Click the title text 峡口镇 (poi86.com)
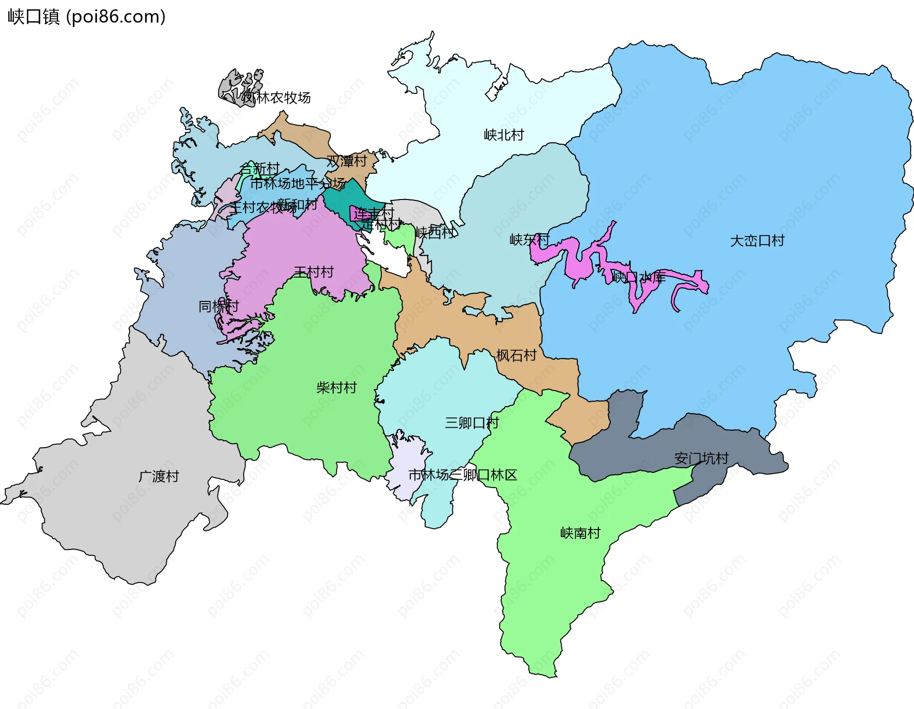pos(87,17)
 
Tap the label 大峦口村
pos(757,240)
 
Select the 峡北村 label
pos(504,135)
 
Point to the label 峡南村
pos(580,533)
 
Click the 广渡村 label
pos(159,476)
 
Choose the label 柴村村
pos(336,388)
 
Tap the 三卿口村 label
pos(471,422)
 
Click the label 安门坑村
pos(701,458)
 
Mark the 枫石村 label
pos(516,355)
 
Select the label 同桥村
pos(218,306)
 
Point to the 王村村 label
pos(314,272)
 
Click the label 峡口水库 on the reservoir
pos(638,277)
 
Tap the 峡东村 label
pos(529,240)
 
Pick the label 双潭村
pos(347,161)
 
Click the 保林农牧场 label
pos(276,98)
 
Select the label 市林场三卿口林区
pos(462,475)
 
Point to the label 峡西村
pos(435,232)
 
